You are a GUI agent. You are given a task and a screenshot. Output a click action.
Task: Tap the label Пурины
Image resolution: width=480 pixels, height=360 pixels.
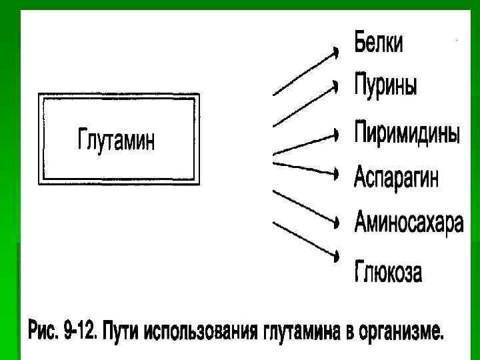tap(385, 86)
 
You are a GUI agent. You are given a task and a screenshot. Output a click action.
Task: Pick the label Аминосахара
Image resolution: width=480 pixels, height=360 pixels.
tap(408, 221)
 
